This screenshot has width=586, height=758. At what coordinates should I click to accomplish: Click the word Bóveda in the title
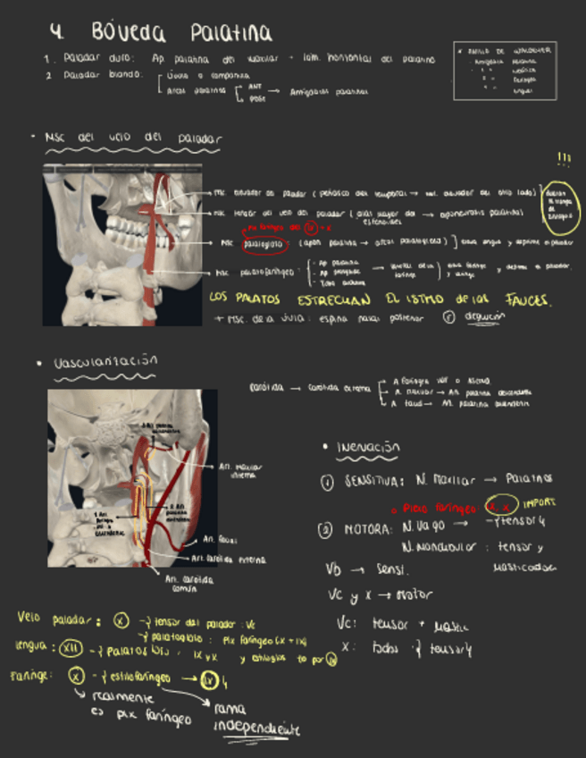(128, 33)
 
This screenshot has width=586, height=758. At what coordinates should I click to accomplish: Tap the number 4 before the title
(56, 32)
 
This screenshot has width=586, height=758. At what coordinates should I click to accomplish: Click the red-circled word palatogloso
(264, 241)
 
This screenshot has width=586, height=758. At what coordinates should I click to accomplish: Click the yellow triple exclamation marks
(564, 160)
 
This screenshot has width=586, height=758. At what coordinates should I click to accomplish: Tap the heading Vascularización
(105, 361)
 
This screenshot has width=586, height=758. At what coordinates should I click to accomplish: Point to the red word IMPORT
(541, 504)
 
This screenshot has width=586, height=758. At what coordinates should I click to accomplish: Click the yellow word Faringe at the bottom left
(31, 677)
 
